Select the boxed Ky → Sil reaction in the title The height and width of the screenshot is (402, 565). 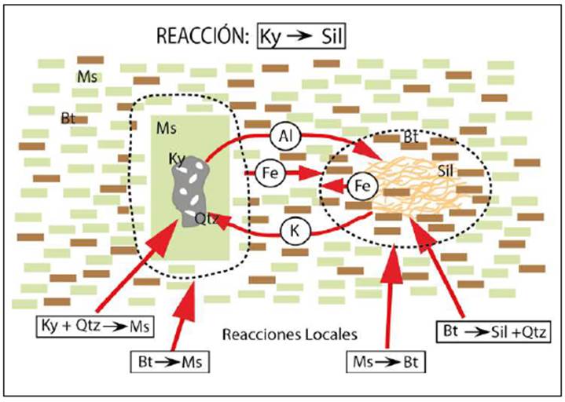pos(302,37)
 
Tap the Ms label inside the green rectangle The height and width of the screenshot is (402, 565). pos(165,126)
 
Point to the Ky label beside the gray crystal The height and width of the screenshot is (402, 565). pos(177,159)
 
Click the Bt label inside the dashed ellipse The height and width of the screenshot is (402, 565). pos(409,137)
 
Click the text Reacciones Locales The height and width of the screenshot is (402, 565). pos(290,334)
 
